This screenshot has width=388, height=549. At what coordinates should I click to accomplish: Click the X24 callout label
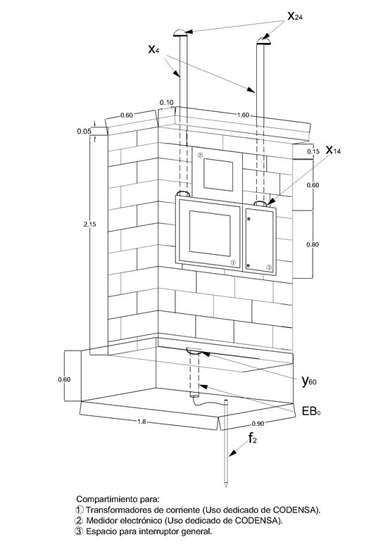click(x=295, y=16)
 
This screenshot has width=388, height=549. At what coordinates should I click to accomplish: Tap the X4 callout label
click(x=154, y=49)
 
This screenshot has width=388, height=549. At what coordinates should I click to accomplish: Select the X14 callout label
click(x=333, y=150)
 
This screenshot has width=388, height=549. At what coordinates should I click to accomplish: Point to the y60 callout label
click(x=309, y=381)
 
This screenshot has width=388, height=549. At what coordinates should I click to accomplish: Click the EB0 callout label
click(x=311, y=411)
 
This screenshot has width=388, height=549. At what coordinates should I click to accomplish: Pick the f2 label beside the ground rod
click(x=253, y=438)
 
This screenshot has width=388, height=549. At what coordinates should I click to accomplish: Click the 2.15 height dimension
click(x=89, y=224)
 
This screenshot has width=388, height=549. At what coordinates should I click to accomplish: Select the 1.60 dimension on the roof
click(x=243, y=115)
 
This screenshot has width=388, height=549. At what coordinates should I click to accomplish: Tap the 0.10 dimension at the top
click(x=166, y=103)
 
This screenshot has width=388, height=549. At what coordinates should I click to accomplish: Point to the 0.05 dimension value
click(x=84, y=132)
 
